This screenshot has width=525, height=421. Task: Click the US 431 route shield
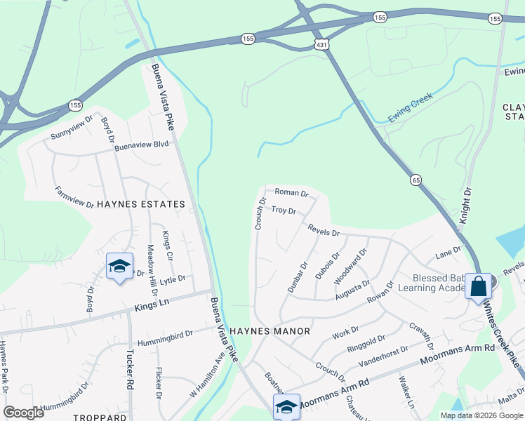[x=323, y=45]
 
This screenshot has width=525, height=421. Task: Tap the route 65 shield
[x=417, y=180]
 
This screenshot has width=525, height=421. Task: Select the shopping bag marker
[x=478, y=286]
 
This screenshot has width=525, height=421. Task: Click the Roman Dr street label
[x=291, y=192]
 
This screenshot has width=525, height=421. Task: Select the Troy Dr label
[x=284, y=210]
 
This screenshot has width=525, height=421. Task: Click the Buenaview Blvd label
[x=142, y=145]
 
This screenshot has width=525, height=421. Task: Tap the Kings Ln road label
[x=152, y=304]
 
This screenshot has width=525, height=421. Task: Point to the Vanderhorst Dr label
[x=383, y=358]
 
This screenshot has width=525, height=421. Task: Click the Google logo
[x=24, y=413]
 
